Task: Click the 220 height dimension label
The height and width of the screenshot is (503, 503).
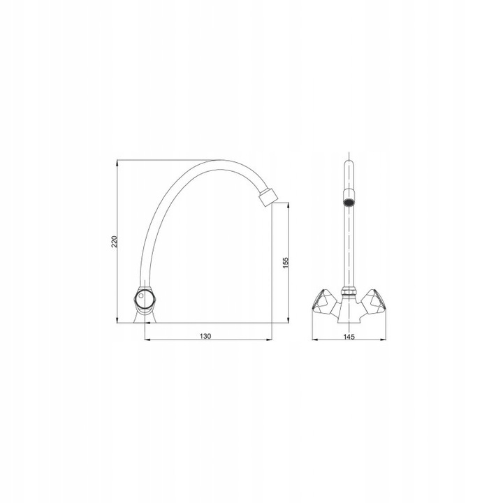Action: pyautogui.click(x=115, y=241)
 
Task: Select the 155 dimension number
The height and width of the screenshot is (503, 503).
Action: pyautogui.click(x=286, y=263)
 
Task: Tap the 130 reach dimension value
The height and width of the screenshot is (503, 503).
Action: pyautogui.click(x=205, y=336)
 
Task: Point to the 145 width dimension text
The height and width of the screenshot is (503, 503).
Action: pyautogui.click(x=349, y=337)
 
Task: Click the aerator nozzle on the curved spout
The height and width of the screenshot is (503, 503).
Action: pyautogui.click(x=268, y=197)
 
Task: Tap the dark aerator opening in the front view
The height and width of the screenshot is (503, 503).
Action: pyautogui.click(x=349, y=203)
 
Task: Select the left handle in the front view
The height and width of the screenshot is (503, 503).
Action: pyautogui.click(x=323, y=300)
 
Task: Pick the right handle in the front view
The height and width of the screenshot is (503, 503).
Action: pyautogui.click(x=374, y=300)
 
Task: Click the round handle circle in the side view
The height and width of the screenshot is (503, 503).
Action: pyautogui.click(x=145, y=298)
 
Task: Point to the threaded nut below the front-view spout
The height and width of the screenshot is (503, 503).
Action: pyautogui.click(x=349, y=291)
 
